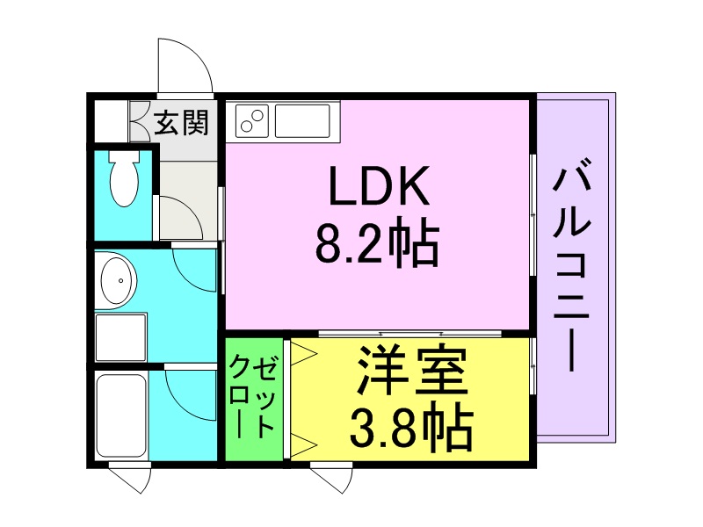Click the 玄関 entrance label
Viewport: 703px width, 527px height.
click(182, 123)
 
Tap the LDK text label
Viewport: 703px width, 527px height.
click(378, 186)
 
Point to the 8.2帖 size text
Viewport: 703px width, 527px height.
click(378, 247)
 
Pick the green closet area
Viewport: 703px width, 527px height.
click(254, 399)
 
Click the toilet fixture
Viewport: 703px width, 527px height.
click(124, 179)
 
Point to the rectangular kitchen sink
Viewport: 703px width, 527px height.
click(301, 120)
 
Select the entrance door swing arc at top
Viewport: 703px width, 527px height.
click(185, 66)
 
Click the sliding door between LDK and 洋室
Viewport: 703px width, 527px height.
click(410, 335)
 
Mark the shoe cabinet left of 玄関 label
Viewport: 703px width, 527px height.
click(110, 123)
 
